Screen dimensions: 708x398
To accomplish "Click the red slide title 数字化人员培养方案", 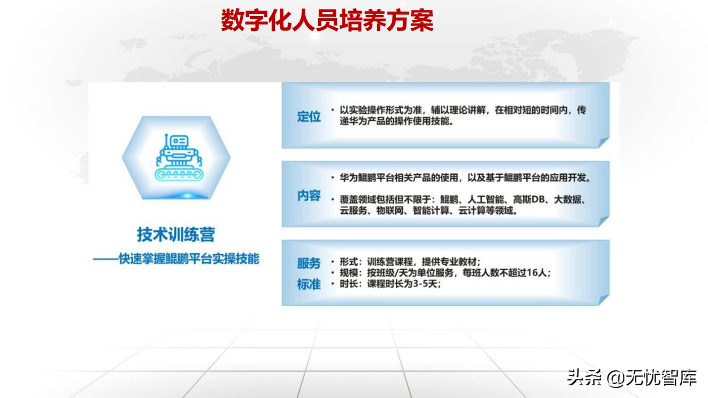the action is point(327,20).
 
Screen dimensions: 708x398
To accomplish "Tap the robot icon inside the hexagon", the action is point(179,158).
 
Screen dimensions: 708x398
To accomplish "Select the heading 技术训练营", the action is point(176,234).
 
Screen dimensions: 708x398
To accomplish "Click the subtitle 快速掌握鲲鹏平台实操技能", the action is point(189,259).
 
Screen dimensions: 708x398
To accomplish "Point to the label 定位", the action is point(309,117).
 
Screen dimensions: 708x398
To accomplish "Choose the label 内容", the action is point(309,196).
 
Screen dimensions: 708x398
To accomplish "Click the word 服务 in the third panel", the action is point(309,263).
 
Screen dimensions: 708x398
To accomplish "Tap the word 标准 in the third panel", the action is point(309,284).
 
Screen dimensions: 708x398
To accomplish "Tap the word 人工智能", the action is point(486,200).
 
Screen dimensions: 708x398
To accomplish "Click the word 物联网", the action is point(390,210).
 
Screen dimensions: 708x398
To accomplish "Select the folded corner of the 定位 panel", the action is point(603,142).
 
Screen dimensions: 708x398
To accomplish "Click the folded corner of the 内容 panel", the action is point(603,221).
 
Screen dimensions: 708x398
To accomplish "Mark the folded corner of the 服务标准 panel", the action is point(603,300).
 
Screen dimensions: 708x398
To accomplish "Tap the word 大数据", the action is point(568,200).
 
